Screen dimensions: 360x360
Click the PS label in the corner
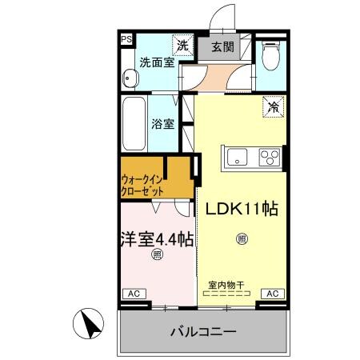coord(126,38)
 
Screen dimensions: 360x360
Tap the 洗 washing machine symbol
coord(183,46)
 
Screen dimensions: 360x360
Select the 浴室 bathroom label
coord(163,124)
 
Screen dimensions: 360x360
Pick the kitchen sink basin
coord(238,156)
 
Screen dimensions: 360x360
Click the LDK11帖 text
coord(242,210)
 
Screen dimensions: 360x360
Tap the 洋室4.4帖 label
coord(158,238)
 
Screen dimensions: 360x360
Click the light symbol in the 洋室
coord(157,255)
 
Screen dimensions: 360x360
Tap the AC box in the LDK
coord(271,294)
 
